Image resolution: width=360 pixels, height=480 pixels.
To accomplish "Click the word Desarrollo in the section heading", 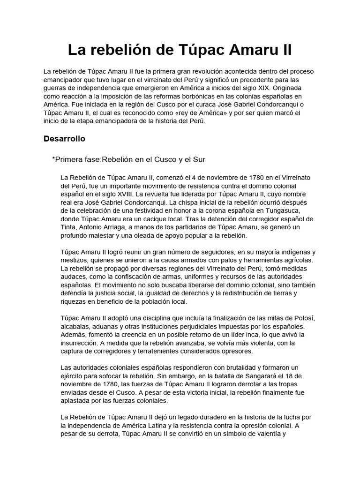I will [64, 139].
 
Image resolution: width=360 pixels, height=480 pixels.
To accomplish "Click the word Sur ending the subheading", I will [199, 159].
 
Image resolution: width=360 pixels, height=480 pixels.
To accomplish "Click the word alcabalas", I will [76, 326].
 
